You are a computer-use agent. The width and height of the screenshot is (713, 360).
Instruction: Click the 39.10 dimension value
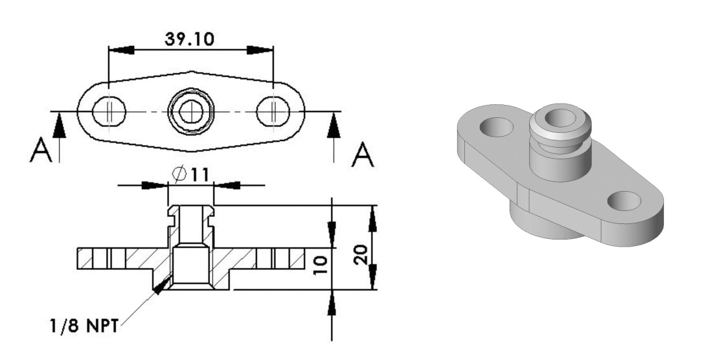tap(190, 39)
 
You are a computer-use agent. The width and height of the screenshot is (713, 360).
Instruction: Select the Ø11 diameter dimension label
tap(190, 174)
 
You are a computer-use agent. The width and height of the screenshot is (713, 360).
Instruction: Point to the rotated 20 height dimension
tap(363, 253)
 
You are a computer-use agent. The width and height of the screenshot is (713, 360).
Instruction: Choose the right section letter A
tap(363, 155)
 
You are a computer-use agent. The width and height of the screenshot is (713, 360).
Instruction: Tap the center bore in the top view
tap(190, 112)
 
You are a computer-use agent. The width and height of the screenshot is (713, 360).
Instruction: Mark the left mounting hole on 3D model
tap(495, 126)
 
